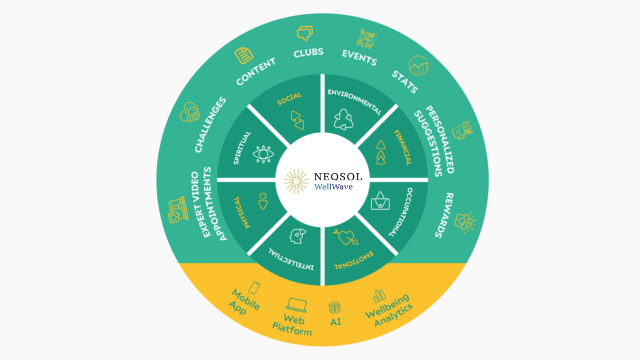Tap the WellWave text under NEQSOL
333,187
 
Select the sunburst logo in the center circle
297,180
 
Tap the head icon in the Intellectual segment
297,235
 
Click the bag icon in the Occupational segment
380,201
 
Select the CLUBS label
308,53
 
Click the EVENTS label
359,57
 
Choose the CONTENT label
256,70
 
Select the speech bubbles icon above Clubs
305,33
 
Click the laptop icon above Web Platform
296,305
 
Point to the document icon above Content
244,55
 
